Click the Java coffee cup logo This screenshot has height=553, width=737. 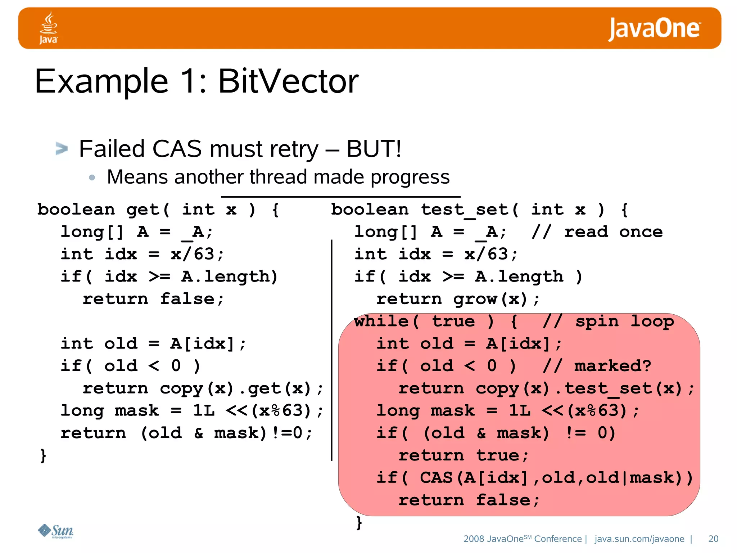[48, 27]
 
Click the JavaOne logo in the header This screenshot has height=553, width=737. [654, 28]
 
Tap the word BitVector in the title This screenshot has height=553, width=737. [288, 81]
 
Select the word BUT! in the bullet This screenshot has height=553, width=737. [374, 149]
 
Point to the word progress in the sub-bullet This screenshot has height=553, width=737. [410, 177]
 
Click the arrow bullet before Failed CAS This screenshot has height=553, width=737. [62, 148]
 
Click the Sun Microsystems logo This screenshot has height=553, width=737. [56, 531]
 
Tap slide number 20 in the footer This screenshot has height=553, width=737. [713, 539]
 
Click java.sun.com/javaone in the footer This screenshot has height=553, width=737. [639, 539]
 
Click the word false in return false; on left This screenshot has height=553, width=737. [187, 299]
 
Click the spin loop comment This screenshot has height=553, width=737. [608, 321]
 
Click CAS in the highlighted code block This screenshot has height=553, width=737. [436, 478]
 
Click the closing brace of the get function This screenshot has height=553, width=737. [43, 455]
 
